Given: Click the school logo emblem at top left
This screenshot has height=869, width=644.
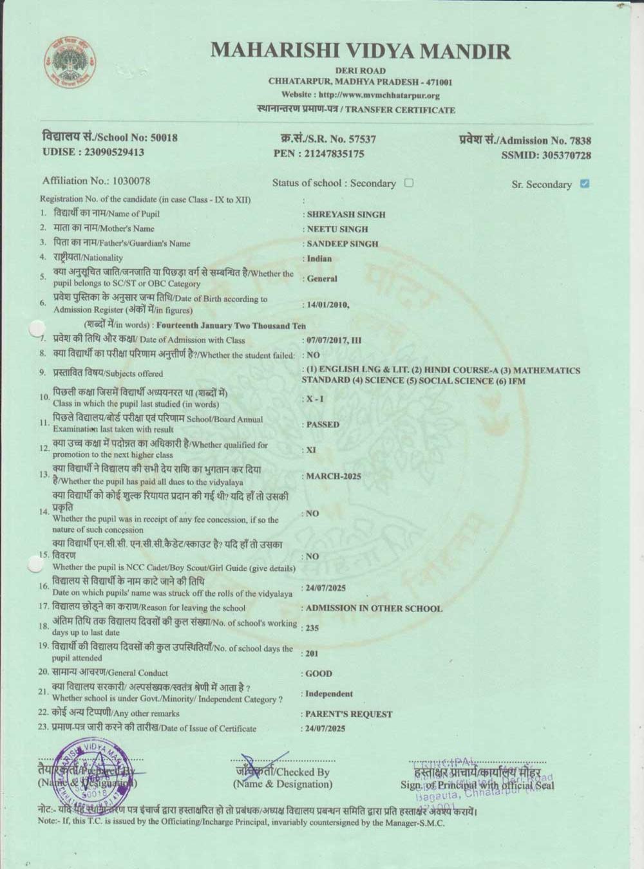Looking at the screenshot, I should pyautogui.click(x=71, y=63).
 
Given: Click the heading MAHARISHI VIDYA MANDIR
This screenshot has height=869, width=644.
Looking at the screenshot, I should pyautogui.click(x=360, y=51).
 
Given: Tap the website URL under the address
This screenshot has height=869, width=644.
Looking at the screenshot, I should pyautogui.click(x=360, y=95).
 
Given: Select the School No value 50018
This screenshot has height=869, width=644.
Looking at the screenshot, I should pyautogui.click(x=164, y=137).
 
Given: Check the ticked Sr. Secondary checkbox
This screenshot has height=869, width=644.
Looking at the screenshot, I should pyautogui.click(x=584, y=183).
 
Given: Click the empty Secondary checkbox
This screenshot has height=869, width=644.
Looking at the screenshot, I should pyautogui.click(x=408, y=183).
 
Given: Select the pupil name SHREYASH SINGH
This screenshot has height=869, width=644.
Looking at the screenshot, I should pyautogui.click(x=346, y=214).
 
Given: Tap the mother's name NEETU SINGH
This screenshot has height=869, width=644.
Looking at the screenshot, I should pyautogui.click(x=337, y=229).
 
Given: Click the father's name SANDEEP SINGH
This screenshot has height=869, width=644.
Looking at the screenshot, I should pyautogui.click(x=343, y=244).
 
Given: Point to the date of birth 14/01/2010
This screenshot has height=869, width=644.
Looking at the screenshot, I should pyautogui.click(x=328, y=304).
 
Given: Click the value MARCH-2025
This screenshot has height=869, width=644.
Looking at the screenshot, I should pyautogui.click(x=333, y=476).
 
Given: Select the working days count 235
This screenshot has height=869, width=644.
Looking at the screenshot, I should pyautogui.click(x=312, y=628).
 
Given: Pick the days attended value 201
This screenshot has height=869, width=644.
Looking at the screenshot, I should pyautogui.click(x=312, y=653).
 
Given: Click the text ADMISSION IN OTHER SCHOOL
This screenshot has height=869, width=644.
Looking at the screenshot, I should pyautogui.click(x=374, y=608).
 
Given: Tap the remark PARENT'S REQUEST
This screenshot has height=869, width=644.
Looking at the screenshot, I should pyautogui.click(x=348, y=714).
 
